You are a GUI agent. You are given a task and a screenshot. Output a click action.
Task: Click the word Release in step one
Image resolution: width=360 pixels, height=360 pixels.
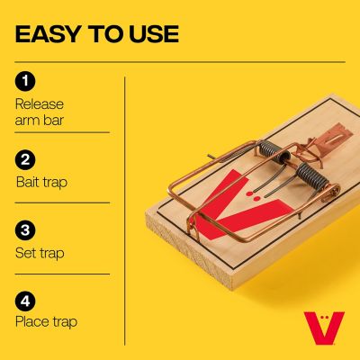40,103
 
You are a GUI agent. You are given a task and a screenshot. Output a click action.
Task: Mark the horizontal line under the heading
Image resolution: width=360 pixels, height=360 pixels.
180,61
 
